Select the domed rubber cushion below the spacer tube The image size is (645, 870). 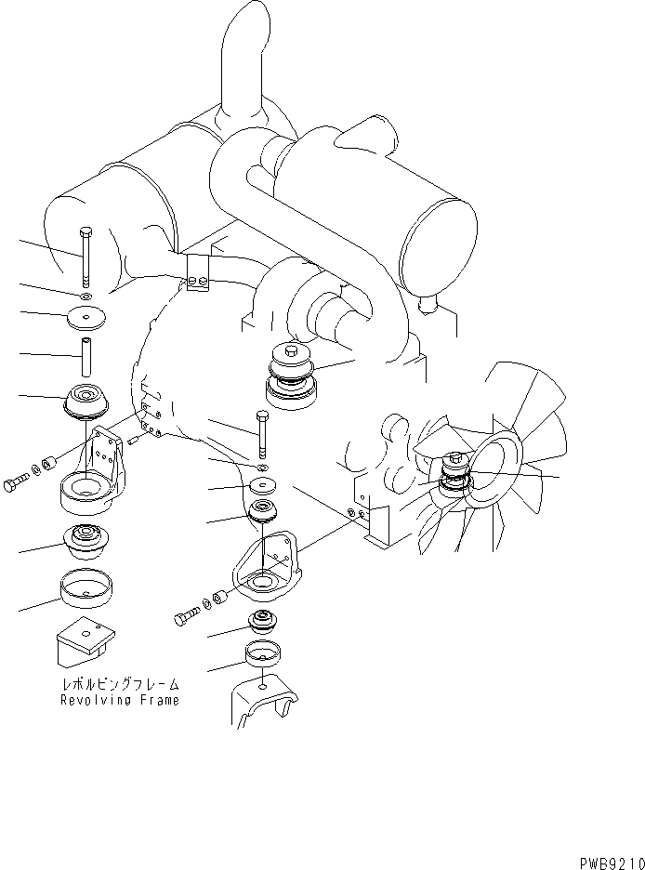click(86, 402)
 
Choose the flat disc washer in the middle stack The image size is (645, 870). click(264, 485)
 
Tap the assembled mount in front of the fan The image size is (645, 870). click(454, 471)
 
